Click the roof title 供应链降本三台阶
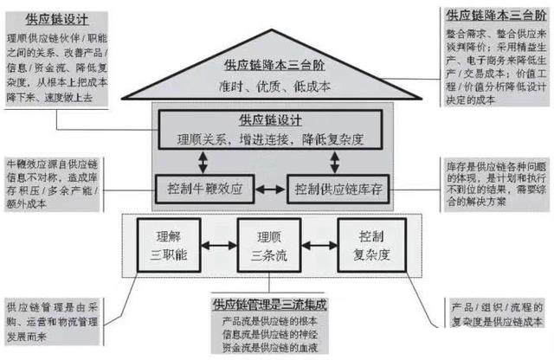(268, 65)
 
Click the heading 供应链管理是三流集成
(268, 305)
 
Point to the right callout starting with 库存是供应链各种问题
(492, 182)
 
